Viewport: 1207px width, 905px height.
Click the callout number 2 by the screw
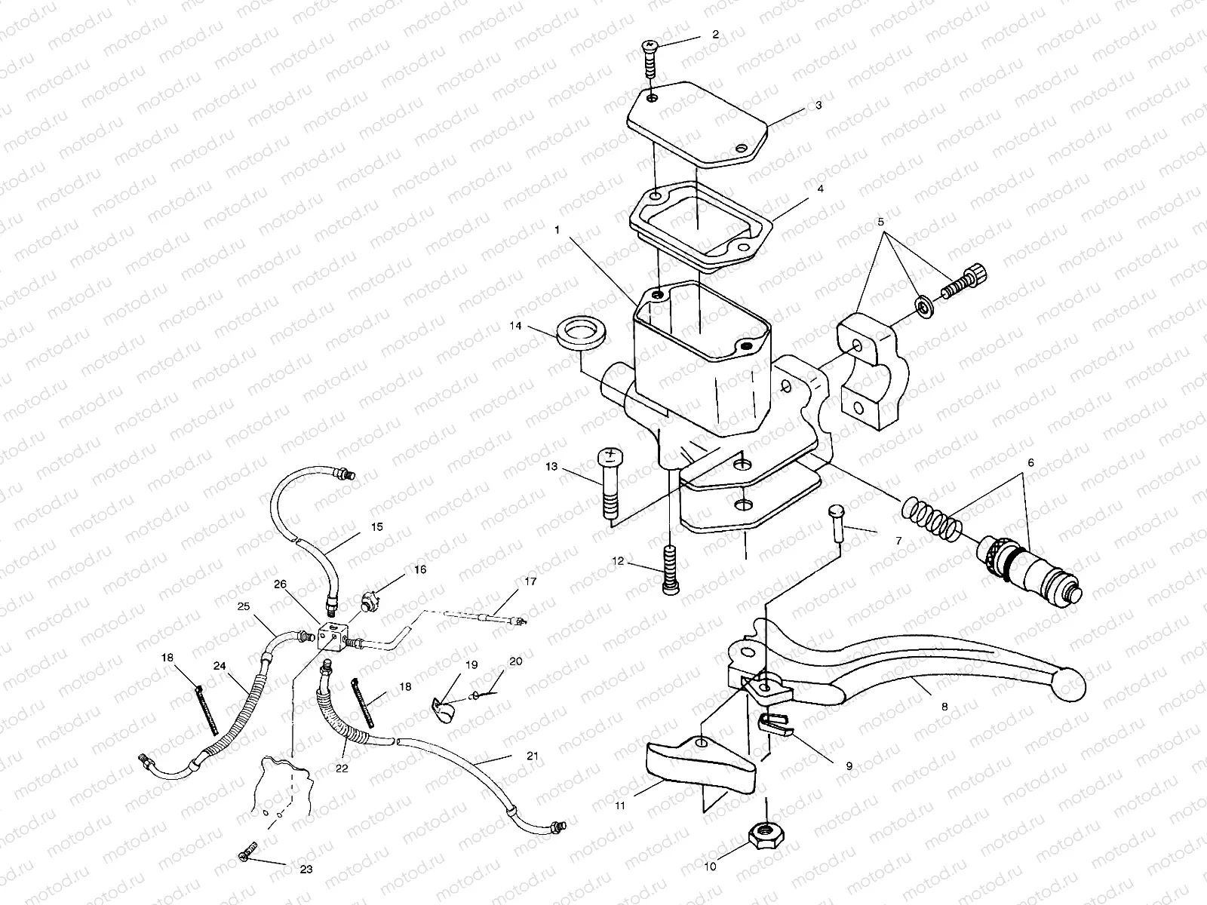click(x=715, y=34)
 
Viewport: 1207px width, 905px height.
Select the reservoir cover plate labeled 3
click(x=698, y=124)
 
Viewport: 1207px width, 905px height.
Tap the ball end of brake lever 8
click(x=1071, y=683)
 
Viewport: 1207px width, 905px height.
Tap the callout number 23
click(x=306, y=870)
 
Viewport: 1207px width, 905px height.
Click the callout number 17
click(x=531, y=581)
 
